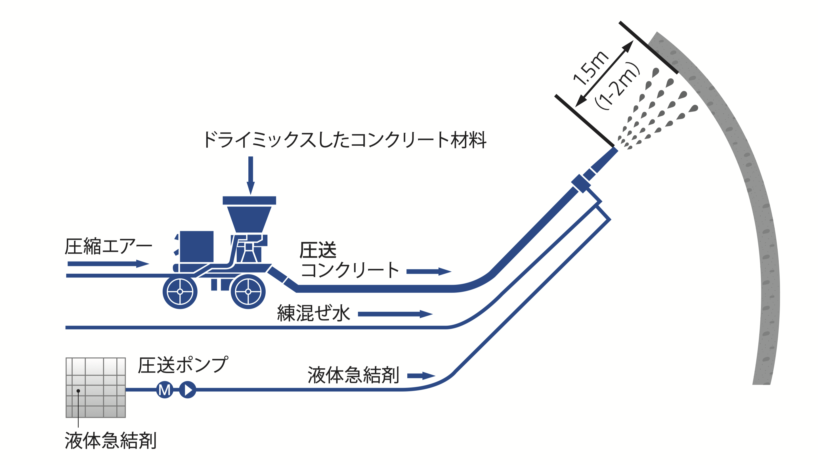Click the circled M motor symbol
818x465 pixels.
pyautogui.click(x=164, y=389)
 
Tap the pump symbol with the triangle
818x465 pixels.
pyautogui.click(x=187, y=389)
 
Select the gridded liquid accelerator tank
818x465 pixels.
pyautogui.click(x=95, y=387)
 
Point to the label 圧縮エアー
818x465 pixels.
pyautogui.click(x=108, y=246)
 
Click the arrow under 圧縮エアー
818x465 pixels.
pyautogui.click(x=108, y=263)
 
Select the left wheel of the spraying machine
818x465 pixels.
pyautogui.click(x=180, y=292)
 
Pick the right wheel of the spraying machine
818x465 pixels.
pyautogui.click(x=248, y=292)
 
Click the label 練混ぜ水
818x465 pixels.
pyautogui.click(x=314, y=313)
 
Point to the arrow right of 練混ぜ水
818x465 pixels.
pyautogui.click(x=395, y=314)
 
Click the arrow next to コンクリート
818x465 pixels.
pyautogui.click(x=429, y=271)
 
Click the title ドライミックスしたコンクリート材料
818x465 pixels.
pyautogui.click(x=345, y=140)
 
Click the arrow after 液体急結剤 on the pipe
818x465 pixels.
pyautogui.click(x=421, y=376)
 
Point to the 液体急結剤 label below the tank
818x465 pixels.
pyautogui.click(x=110, y=440)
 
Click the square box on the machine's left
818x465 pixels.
pyautogui.click(x=197, y=246)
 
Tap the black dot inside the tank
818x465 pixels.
pyautogui.click(x=78, y=391)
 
